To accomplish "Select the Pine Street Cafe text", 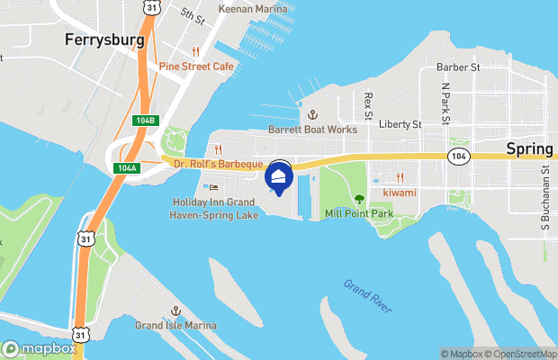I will (196, 66).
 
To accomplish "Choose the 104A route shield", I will (127, 168).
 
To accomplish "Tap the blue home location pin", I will (279, 177).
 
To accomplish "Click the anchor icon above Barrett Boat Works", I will (312, 115).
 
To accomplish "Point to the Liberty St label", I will (400, 124).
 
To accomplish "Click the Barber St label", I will (459, 67).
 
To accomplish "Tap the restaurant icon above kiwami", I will (400, 177).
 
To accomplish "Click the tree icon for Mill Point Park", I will (359, 199).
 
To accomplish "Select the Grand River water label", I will (367, 297).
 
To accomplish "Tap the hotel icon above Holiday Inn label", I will (213, 187).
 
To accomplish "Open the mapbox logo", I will (40, 348).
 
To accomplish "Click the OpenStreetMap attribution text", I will (523, 354).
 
